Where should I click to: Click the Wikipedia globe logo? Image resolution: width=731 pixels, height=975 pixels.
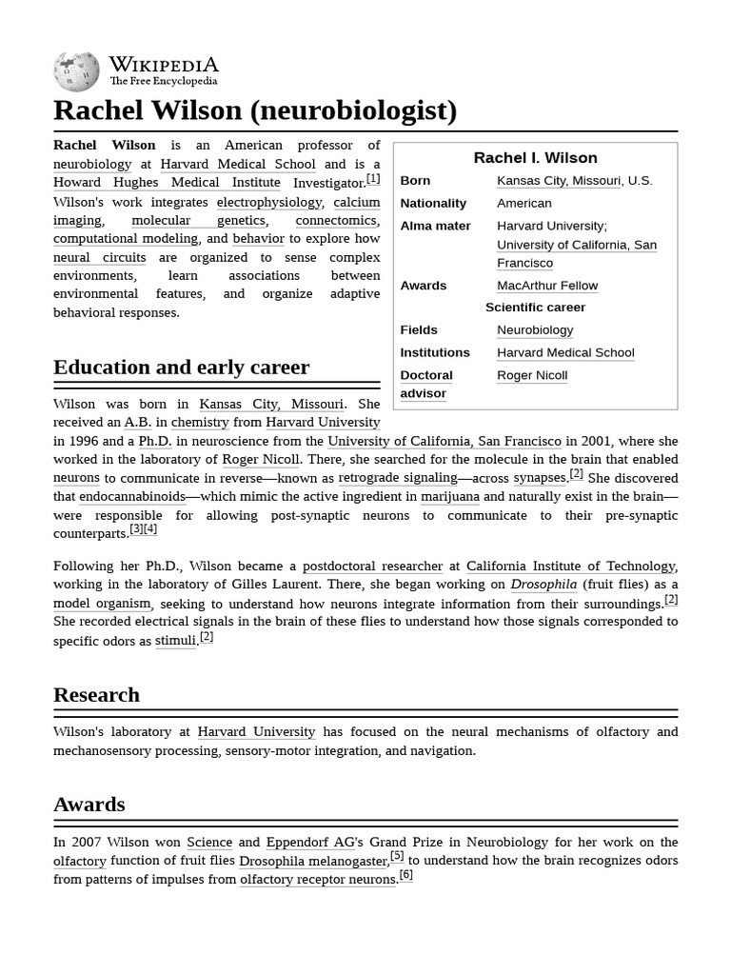point(76,72)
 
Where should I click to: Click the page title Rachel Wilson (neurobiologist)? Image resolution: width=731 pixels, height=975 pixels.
point(255,110)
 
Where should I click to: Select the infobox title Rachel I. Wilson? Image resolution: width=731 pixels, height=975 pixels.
point(535,158)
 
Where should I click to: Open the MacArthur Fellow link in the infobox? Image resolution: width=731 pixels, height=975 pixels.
point(547,286)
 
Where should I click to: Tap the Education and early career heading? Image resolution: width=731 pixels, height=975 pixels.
point(181,368)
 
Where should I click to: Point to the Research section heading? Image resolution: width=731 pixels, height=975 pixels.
point(96,695)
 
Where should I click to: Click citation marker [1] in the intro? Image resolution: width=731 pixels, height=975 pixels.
point(373,179)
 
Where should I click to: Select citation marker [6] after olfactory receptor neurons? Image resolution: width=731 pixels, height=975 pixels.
point(405,875)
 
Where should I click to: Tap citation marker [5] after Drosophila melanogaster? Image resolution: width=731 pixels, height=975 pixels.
point(397,856)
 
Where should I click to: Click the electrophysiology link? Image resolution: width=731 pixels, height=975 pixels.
point(269,202)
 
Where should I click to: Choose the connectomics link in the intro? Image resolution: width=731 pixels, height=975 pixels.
point(336,221)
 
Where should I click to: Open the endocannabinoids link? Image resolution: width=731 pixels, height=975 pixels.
point(132,497)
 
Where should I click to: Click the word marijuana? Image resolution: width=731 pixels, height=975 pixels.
point(449,497)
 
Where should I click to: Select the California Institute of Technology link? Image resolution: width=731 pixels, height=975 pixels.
point(570,566)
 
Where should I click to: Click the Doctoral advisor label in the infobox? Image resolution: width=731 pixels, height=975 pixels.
point(425,384)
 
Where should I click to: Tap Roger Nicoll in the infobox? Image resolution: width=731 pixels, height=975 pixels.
point(532,375)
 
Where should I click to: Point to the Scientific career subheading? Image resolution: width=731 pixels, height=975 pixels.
point(535,308)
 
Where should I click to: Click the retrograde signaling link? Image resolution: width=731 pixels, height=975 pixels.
point(398,478)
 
